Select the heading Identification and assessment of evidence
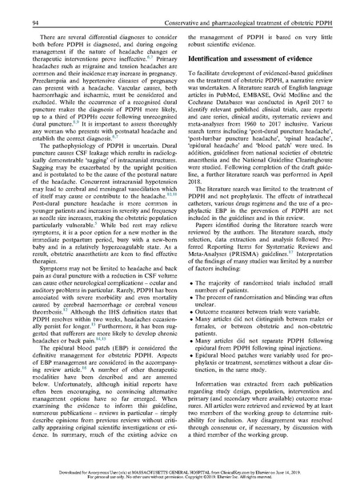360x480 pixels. click(x=244, y=49)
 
